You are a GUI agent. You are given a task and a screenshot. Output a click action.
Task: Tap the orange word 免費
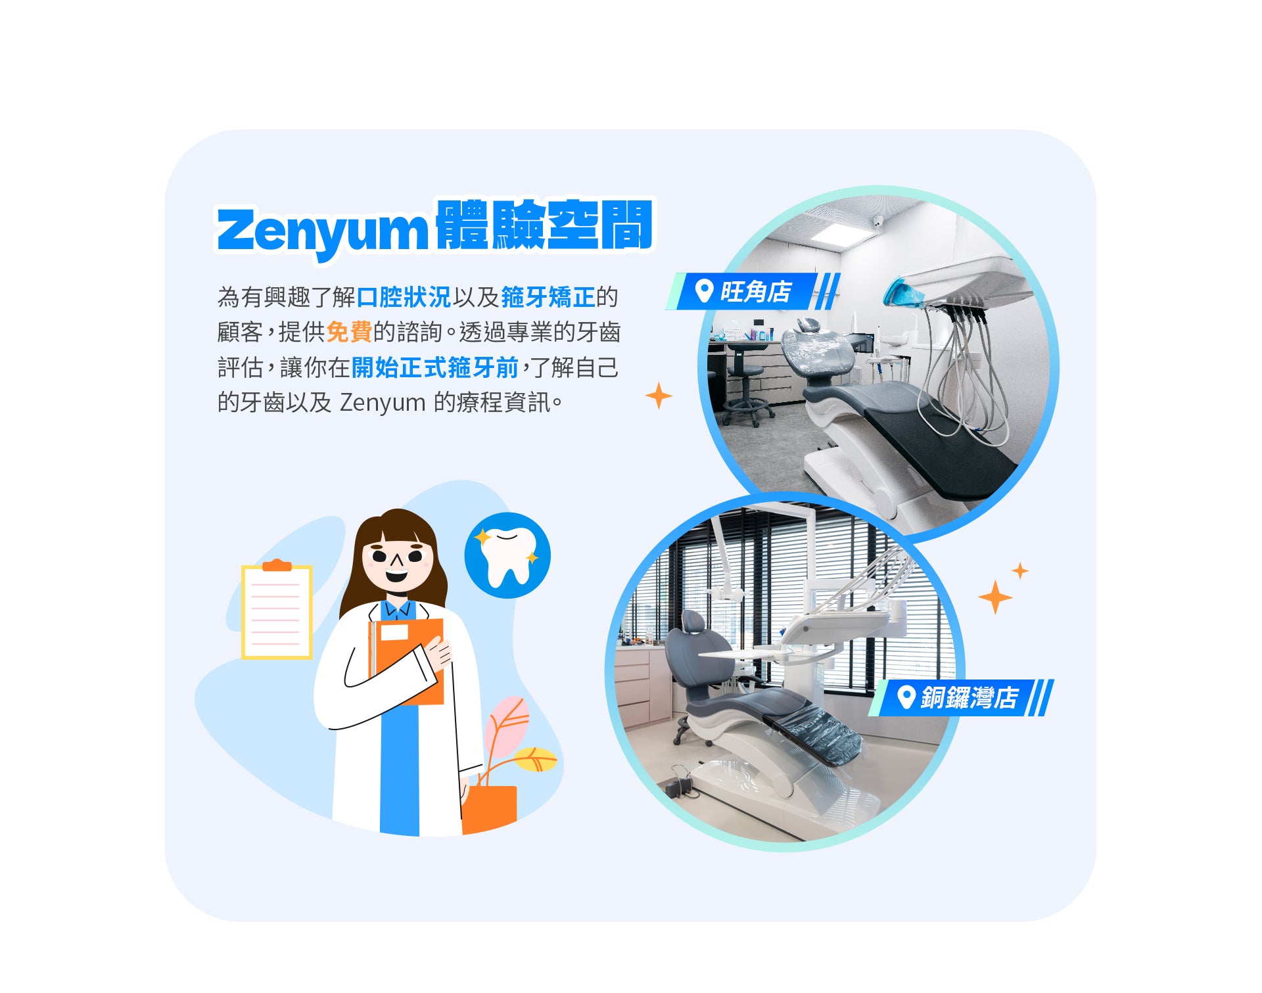[349, 332]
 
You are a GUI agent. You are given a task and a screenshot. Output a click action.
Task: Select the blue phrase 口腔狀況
[404, 297]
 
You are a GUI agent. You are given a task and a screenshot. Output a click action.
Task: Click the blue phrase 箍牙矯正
[548, 297]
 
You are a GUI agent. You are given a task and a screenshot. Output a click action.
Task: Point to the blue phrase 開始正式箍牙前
[435, 367]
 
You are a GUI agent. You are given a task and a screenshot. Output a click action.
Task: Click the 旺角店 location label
[756, 292]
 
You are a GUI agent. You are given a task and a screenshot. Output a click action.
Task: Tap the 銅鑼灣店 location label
[969, 697]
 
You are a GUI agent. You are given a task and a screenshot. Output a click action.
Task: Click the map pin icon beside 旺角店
[704, 291]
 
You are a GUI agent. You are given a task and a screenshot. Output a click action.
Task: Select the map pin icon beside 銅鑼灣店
[906, 697]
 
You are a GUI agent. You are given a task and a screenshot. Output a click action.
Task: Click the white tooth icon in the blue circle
[507, 556]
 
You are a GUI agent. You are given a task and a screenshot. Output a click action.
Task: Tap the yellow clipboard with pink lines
[277, 611]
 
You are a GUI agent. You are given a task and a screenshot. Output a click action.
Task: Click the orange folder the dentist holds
[411, 657]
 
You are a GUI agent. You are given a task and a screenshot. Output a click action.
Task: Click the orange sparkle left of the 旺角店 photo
[659, 396]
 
